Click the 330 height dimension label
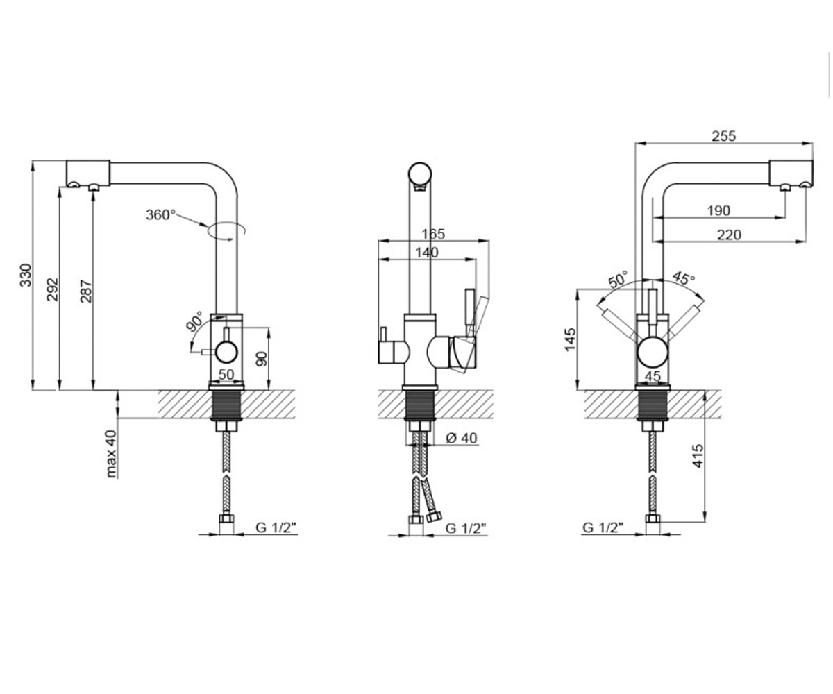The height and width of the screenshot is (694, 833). click(26, 275)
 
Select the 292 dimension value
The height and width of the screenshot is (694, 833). click(53, 289)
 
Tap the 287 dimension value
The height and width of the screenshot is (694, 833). click(86, 291)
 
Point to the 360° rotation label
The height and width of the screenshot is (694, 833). click(161, 215)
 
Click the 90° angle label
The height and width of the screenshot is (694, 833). click(195, 321)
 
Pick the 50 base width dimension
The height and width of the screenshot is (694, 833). click(226, 375)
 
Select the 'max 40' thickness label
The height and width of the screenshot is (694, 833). click(111, 454)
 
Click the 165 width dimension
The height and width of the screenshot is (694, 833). click(433, 234)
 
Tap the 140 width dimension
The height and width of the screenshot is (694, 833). click(426, 253)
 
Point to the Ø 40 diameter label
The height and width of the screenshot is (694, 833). click(461, 438)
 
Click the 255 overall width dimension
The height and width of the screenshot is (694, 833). click(724, 136)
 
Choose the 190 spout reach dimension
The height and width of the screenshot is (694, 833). click(718, 210)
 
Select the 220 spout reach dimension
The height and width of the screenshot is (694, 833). click(729, 235)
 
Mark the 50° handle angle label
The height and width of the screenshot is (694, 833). click(618, 279)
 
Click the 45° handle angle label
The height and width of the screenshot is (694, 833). click(684, 278)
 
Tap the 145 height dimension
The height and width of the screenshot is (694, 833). click(571, 339)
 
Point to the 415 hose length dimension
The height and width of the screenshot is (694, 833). click(698, 456)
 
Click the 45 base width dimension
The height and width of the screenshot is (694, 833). click(653, 375)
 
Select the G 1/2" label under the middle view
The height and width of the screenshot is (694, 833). click(466, 528)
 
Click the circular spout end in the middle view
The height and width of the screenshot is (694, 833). click(420, 174)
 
